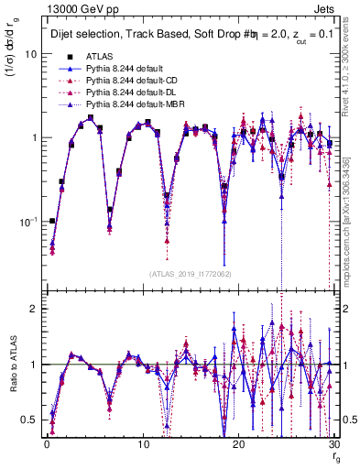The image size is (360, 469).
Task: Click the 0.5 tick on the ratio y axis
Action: point(30,420)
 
